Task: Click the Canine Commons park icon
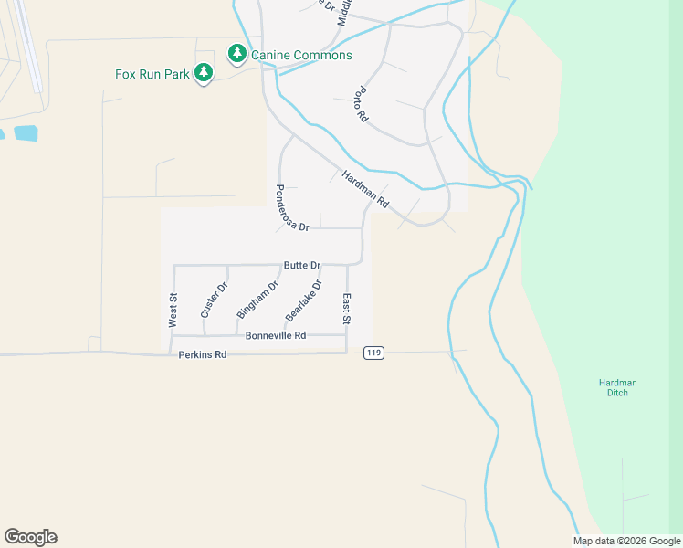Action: pos(237,54)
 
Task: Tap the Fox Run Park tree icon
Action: pos(204,73)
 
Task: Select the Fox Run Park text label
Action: pos(152,74)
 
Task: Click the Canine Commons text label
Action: pos(301,56)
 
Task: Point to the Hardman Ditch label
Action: pos(618,387)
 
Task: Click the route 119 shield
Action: pos(373,353)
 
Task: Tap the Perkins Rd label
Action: pos(202,354)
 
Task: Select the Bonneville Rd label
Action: pos(275,336)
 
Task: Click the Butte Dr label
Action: pos(301,265)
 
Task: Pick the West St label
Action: pos(173,311)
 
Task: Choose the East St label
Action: pos(347,309)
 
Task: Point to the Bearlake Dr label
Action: pos(304,300)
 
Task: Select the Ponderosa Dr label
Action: pos(291,207)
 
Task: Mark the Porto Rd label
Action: pos(361,104)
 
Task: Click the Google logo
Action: pos(30,537)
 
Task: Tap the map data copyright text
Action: pos(627,541)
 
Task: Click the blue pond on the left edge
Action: pos(26,132)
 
